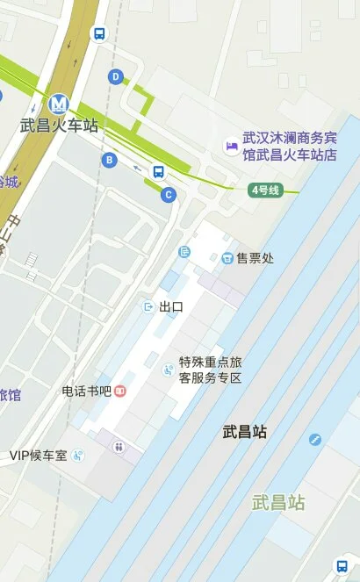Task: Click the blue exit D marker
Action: point(115,77)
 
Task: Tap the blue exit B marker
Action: point(109,160)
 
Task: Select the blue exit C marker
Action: point(169,195)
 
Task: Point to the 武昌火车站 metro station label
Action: point(60,125)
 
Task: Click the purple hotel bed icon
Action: point(231,146)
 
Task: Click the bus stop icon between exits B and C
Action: point(158,171)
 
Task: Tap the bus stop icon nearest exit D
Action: point(99,34)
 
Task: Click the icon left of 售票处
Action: point(227,258)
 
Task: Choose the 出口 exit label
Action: point(171,306)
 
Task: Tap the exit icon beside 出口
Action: point(148,306)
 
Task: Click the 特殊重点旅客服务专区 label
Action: point(210,370)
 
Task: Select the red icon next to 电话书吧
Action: point(120,391)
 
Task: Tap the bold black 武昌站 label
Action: point(244,432)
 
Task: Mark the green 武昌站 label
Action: point(278,503)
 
